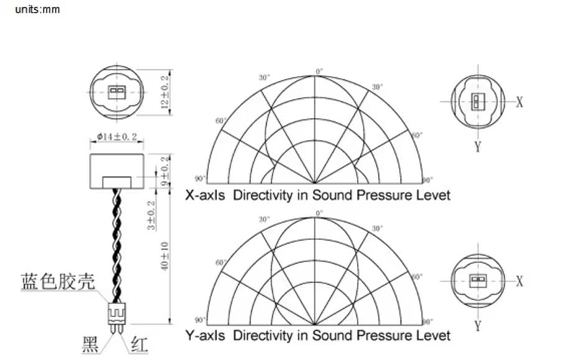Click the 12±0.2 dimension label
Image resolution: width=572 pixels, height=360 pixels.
[165, 93]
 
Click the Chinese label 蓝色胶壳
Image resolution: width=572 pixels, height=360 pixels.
[58, 282]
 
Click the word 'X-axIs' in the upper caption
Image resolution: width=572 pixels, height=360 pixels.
[205, 195]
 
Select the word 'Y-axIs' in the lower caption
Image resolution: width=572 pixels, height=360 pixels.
[205, 336]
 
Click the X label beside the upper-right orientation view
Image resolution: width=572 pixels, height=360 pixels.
[520, 102]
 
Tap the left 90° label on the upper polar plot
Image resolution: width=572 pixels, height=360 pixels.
[200, 180]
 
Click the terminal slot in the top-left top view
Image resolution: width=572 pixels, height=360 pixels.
[116, 93]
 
